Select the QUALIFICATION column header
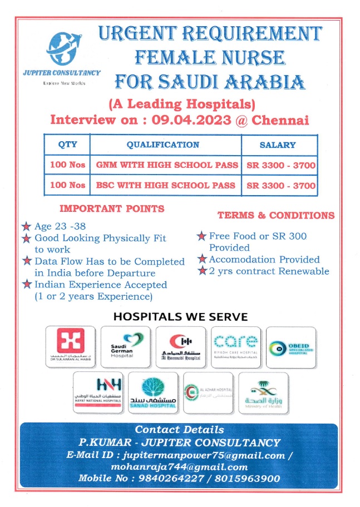(163, 145)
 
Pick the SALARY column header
(278, 145)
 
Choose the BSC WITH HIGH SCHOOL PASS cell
(165, 185)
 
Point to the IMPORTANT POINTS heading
(112, 209)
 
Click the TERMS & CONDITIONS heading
(276, 216)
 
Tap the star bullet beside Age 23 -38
(26, 226)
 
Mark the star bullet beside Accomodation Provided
(203, 260)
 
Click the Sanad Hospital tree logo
(153, 391)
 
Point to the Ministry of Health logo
(263, 391)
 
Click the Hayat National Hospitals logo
(98, 391)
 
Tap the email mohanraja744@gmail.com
(179, 467)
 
